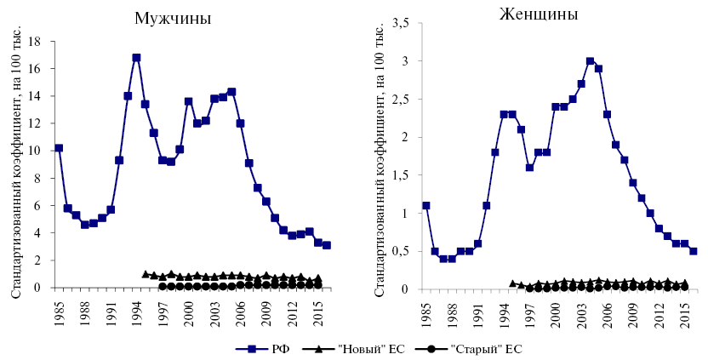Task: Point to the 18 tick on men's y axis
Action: point(36,41)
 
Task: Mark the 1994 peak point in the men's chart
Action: point(136,58)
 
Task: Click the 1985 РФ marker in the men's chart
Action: point(59,148)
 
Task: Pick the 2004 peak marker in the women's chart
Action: point(590,61)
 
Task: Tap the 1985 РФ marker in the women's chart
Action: point(426,205)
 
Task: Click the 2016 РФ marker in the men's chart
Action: point(327,245)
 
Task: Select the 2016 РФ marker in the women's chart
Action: point(694,251)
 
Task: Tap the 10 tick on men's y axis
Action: point(36,151)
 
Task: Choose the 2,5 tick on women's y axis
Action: point(400,99)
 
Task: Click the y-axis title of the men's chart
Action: point(15,164)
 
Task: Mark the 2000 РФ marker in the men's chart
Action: point(188,101)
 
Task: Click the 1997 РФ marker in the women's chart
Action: point(529,168)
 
